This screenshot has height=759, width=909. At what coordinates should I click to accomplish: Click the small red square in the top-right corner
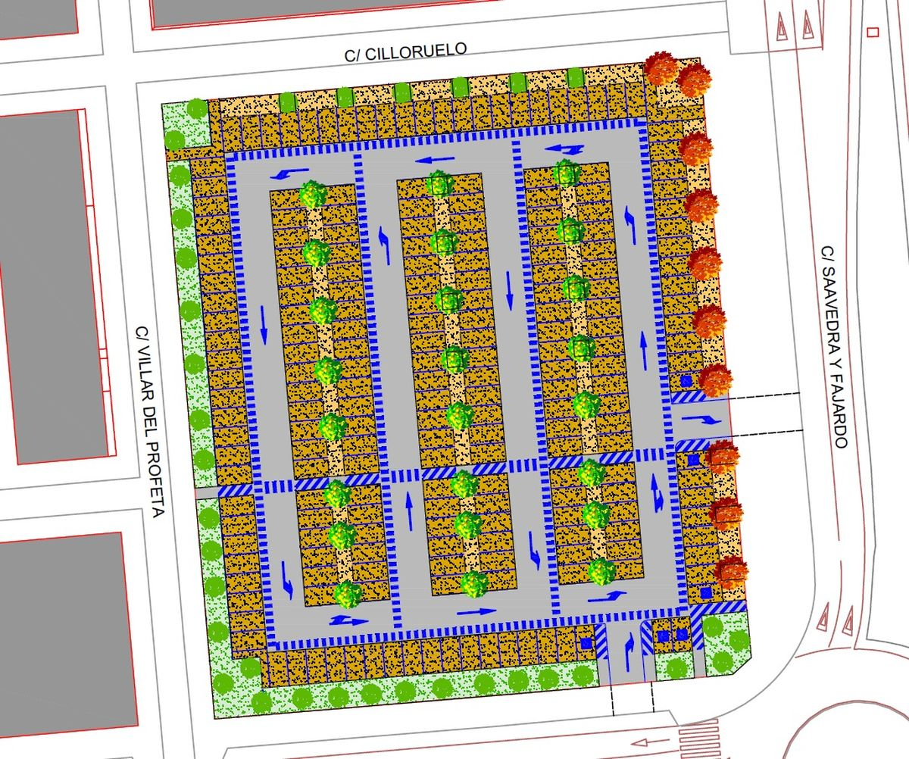coord(872,32)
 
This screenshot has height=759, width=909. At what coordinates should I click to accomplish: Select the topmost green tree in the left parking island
coord(312,193)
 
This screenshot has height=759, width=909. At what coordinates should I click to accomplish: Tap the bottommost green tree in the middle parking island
coord(473,583)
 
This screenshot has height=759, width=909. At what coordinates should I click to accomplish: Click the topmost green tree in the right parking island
coord(565,173)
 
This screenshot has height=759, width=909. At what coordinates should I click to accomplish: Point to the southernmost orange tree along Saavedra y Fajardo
coord(732,570)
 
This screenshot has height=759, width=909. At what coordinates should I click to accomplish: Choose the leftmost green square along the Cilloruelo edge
coord(287,102)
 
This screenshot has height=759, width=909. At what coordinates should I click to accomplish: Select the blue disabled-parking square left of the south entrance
coord(586,642)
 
